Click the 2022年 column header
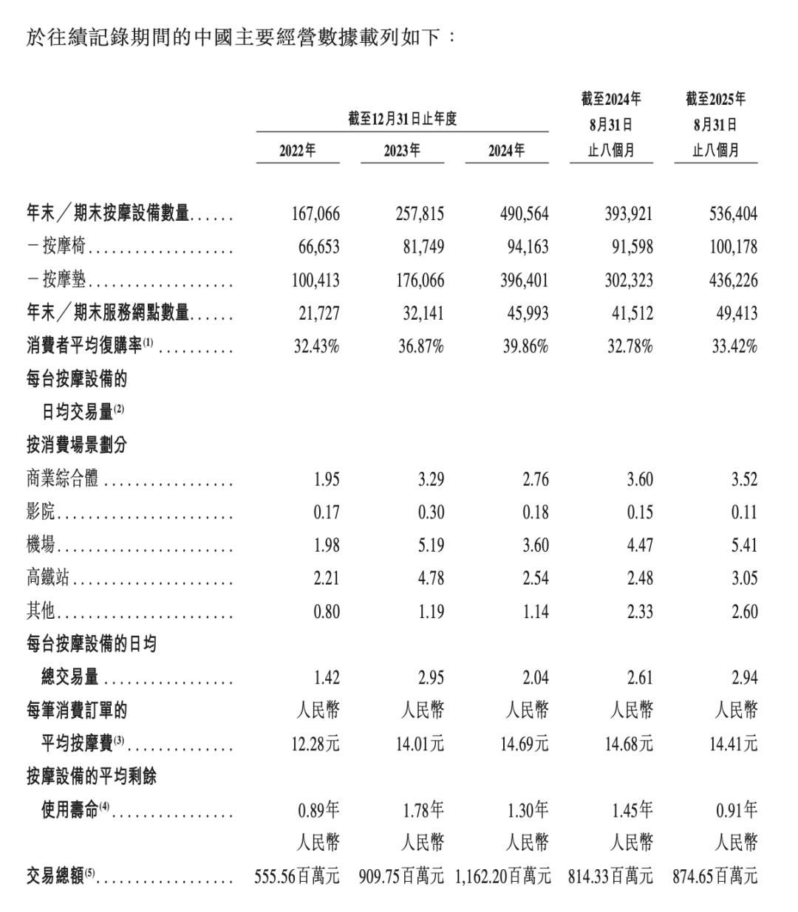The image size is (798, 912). (x=298, y=151)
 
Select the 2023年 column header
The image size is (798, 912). (x=402, y=151)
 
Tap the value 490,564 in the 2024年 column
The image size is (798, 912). (x=524, y=214)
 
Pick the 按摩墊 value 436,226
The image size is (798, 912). (x=733, y=281)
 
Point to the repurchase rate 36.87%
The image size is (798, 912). (x=420, y=346)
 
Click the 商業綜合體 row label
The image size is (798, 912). (x=63, y=479)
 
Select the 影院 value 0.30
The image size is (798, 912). (x=431, y=512)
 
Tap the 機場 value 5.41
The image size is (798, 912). (x=744, y=546)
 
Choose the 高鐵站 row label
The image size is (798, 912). (x=48, y=578)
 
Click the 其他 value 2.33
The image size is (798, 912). (x=640, y=611)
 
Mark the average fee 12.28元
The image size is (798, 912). (x=316, y=744)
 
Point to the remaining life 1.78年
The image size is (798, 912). (x=423, y=810)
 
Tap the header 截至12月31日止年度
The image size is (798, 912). (x=403, y=118)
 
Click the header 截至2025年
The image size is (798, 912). (x=715, y=99)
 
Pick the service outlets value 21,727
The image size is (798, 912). (x=319, y=314)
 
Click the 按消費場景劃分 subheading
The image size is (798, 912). (x=77, y=445)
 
